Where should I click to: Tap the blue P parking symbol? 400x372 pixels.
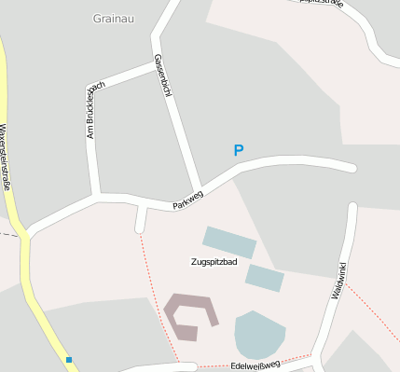click(239, 150)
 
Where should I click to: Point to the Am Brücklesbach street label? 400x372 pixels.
click(94, 111)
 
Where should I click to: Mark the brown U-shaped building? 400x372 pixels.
click(191, 313)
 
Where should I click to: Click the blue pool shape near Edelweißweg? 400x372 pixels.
click(259, 334)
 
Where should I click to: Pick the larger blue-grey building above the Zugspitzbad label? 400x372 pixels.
click(229, 241)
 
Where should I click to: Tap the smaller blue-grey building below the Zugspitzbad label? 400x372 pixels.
click(265, 277)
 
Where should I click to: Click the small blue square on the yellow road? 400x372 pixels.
click(69, 359)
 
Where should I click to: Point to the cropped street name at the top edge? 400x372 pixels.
click(323, 3)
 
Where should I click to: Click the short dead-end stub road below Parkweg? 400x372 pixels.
click(141, 219)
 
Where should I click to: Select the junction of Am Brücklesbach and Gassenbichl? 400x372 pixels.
click(156, 65)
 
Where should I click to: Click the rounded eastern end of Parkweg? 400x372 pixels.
click(352, 168)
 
